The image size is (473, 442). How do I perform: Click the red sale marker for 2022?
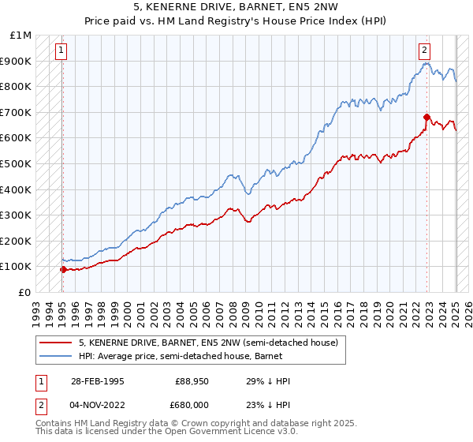coord(426,117)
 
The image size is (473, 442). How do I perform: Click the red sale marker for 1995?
coord(63,269)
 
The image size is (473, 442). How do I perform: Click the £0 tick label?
coord(26,292)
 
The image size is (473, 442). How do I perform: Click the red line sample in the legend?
coord(56,343)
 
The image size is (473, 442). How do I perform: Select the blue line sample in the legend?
coord(56,356)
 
